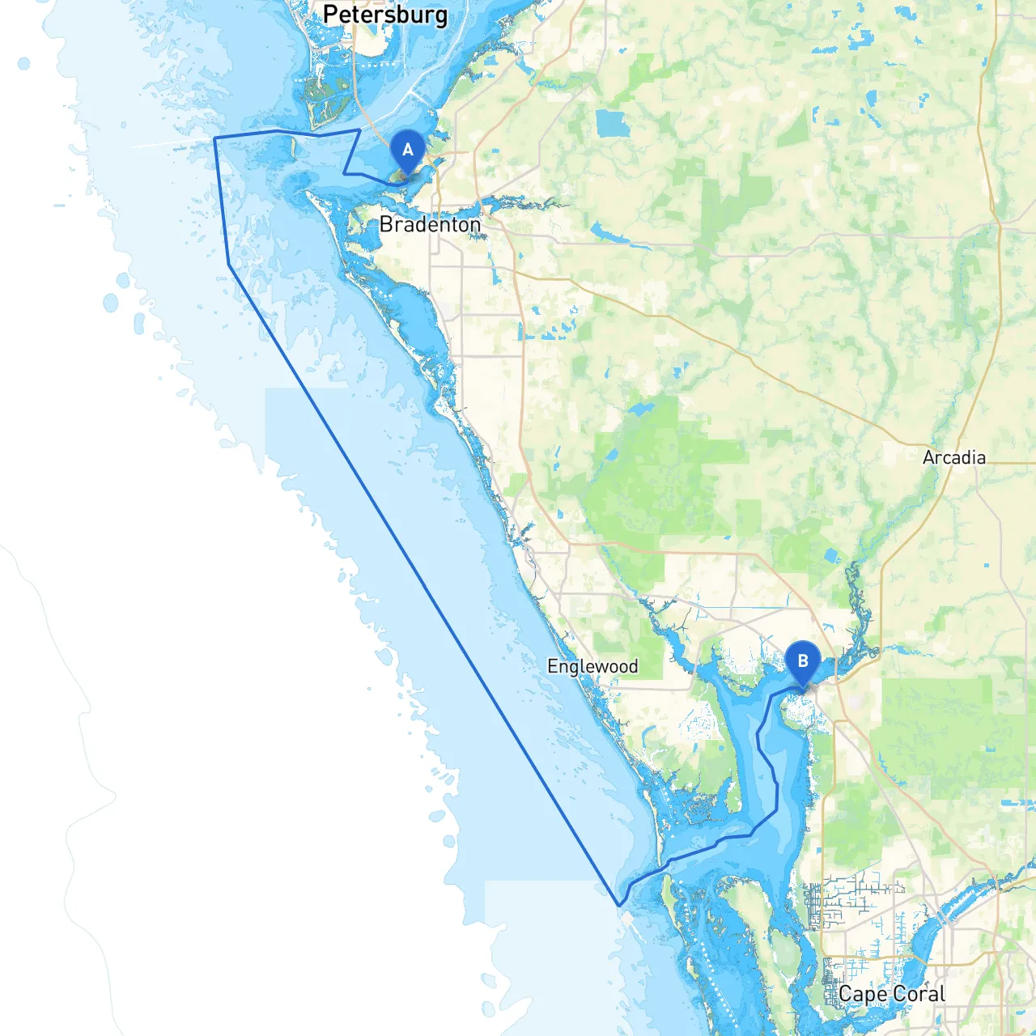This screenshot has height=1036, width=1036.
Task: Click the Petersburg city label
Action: (384, 15)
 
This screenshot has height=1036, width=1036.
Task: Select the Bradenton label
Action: (430, 224)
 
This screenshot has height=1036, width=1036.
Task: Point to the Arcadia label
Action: (954, 457)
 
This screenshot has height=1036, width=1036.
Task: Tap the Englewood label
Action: (592, 666)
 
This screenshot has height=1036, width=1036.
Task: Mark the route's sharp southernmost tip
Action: (619, 905)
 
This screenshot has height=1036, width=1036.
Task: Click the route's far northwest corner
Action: (214, 138)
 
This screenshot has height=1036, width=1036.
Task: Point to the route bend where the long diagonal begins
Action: (229, 264)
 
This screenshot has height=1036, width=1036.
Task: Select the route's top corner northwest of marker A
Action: (360, 129)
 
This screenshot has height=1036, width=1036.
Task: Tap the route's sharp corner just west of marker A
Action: (344, 173)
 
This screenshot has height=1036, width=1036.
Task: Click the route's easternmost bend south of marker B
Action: (777, 809)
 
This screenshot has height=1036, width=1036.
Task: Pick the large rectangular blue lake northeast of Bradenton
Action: (613, 123)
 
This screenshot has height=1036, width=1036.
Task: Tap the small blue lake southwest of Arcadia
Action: (830, 557)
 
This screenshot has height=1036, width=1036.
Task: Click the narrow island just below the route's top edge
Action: (292, 147)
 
